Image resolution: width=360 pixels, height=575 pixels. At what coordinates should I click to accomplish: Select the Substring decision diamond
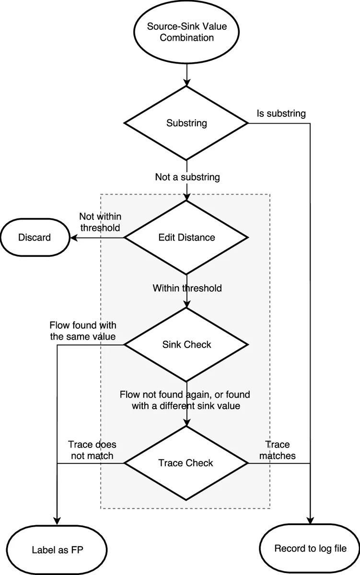pyautogui.click(x=186, y=123)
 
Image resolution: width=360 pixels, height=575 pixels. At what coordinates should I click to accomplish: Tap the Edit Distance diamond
pyautogui.click(x=186, y=237)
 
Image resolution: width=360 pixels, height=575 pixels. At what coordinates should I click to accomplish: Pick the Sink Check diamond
pyautogui.click(x=186, y=345)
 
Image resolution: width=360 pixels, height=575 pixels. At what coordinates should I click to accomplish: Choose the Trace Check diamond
pyautogui.click(x=186, y=463)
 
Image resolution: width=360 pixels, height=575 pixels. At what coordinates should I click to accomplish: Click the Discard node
pyautogui.click(x=35, y=237)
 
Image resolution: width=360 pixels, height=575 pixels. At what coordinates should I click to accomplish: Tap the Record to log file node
pyautogui.click(x=310, y=549)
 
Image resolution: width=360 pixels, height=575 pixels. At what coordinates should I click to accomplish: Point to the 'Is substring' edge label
pyautogui.click(x=280, y=114)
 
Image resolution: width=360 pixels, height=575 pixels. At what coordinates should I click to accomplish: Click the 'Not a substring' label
pyautogui.click(x=187, y=177)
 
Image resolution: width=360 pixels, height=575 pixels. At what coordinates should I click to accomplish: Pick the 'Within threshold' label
pyautogui.click(x=187, y=288)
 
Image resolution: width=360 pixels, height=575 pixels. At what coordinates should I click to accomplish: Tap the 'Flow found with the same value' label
pyautogui.click(x=83, y=331)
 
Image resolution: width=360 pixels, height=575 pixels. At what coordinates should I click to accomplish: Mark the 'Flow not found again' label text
pyautogui.click(x=185, y=400)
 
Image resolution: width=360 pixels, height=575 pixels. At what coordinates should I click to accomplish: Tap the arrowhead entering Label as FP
pyautogui.click(x=57, y=522)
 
